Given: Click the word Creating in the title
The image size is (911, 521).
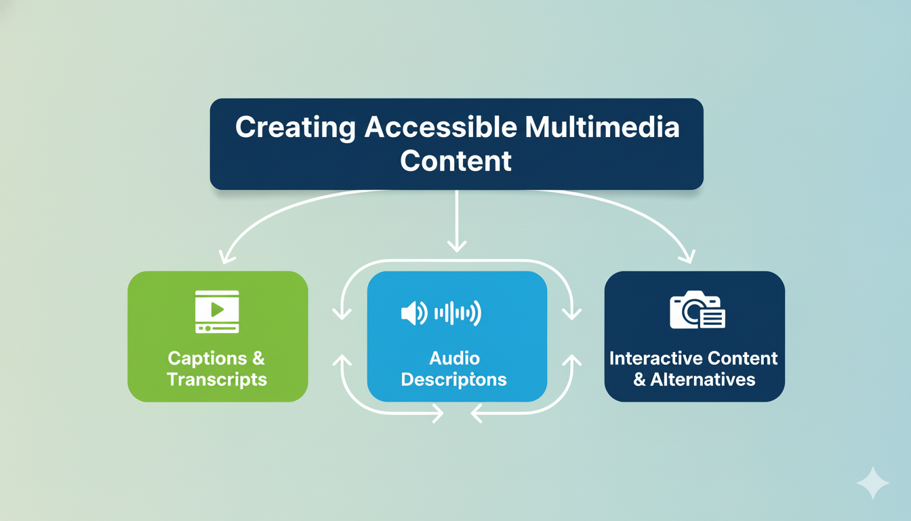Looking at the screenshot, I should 295,128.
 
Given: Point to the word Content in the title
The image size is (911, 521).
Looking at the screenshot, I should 455,161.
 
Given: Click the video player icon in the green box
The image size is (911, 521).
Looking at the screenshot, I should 217,311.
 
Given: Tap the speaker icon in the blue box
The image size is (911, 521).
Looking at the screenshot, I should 413,313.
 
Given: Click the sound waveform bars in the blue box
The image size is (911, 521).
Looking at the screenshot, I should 458,313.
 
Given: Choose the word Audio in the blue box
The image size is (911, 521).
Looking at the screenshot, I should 454,358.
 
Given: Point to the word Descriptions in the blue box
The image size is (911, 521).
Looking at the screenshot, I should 454,379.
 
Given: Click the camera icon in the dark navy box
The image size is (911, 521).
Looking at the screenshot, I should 697,311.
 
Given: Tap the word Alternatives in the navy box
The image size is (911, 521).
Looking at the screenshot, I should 703,379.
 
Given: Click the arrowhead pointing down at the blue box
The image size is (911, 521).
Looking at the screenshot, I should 457,246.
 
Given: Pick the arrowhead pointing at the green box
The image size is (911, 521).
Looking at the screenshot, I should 226,257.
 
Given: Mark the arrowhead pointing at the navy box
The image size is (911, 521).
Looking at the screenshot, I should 687,257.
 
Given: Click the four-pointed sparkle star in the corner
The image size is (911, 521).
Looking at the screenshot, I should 873,483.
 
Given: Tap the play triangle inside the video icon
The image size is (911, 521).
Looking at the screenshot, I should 217,309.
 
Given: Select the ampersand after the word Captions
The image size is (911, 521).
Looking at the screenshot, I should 258,358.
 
